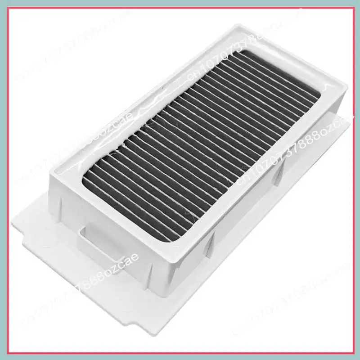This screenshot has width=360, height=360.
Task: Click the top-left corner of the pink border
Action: point(5,5)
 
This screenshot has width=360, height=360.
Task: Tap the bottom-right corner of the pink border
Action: point(354,354)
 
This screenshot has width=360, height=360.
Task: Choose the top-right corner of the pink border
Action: point(354,5)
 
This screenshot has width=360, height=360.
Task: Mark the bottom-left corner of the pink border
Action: point(5,354)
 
